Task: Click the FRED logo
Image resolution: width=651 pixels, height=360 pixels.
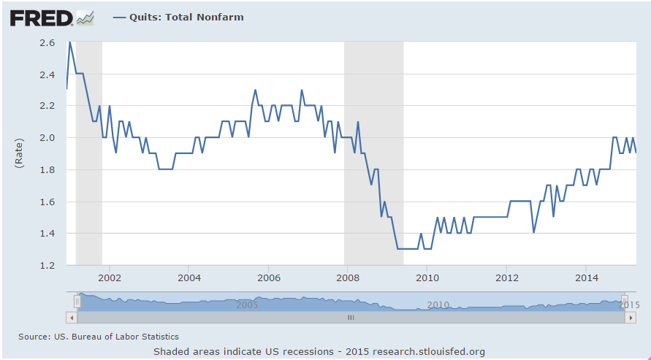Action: pos(41,18)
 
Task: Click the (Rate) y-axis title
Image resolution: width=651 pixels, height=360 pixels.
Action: pos(20,153)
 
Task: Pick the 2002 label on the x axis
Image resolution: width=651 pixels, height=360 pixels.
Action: pos(110,277)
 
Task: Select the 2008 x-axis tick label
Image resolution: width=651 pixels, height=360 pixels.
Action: pos(348,277)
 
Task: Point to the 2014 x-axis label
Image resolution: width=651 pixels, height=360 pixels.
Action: pos(587,277)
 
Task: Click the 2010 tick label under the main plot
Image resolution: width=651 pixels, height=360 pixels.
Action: pos(427,277)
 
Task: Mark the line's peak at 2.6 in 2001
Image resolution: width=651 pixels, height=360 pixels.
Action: pos(69,42)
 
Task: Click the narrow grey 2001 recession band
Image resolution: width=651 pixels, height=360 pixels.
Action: pos(88,153)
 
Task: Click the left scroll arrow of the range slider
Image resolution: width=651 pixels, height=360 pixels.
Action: pos(71,318)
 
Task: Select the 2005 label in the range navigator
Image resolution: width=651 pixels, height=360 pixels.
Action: pos(247,304)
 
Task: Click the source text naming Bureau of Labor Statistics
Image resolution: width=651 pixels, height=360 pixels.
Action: pos(98,336)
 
